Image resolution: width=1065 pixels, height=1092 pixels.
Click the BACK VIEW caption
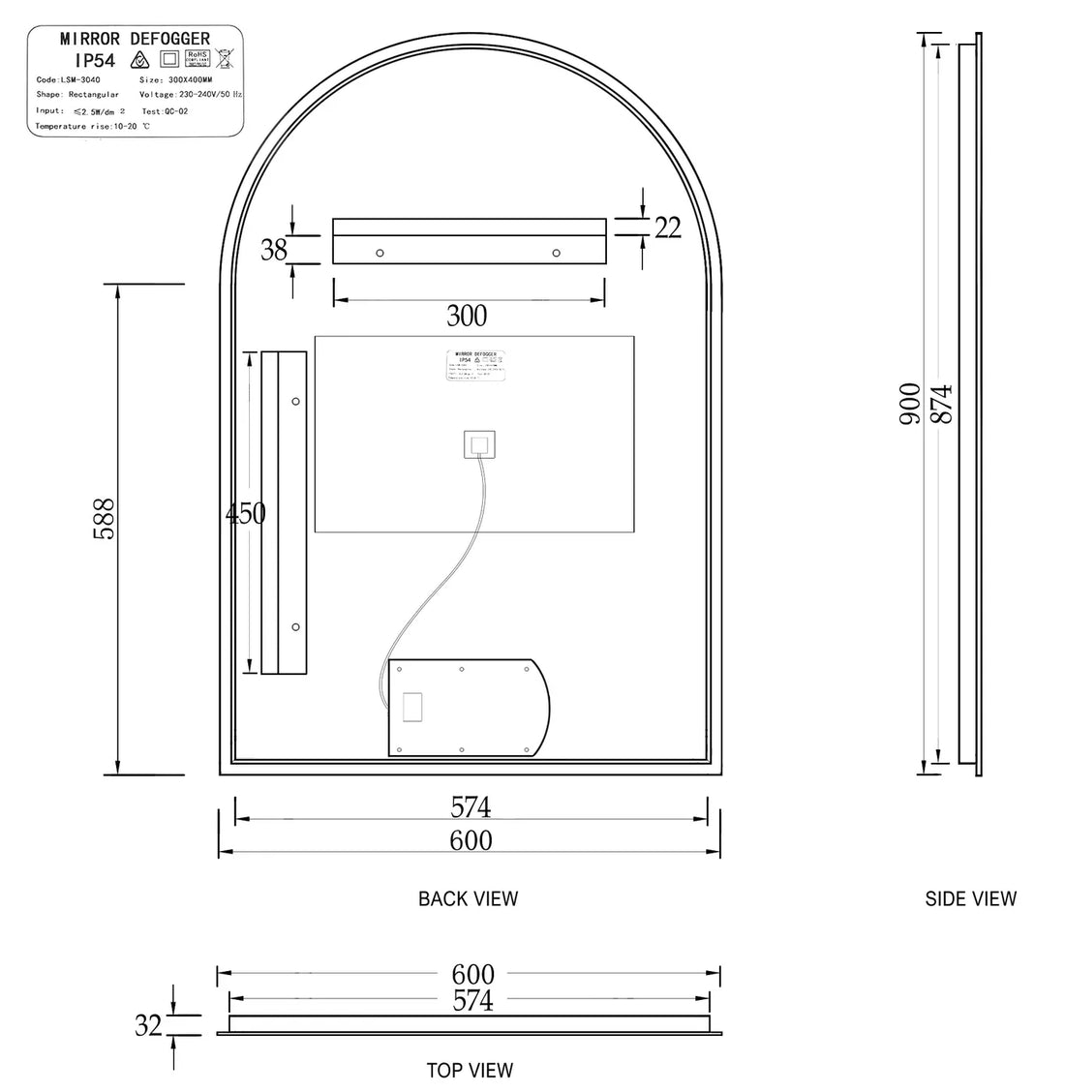(x=468, y=898)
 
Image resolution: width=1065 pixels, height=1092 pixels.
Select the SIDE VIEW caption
(x=970, y=898)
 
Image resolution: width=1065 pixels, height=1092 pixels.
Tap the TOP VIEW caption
(x=470, y=1070)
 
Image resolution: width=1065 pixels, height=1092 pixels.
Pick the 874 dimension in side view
(x=942, y=405)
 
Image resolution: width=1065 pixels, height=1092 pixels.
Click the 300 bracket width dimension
(x=467, y=315)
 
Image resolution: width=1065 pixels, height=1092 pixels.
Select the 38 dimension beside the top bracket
(x=274, y=250)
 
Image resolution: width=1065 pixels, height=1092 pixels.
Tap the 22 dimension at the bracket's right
(x=667, y=227)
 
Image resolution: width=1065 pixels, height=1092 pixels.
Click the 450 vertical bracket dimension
(x=245, y=513)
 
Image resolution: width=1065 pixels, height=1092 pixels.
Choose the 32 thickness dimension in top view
(x=148, y=1025)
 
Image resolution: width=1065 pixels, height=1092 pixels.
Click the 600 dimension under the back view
(x=471, y=840)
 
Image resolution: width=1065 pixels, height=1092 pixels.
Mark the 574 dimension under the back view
(x=471, y=806)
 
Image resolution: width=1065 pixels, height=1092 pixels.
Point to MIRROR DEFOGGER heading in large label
(x=135, y=39)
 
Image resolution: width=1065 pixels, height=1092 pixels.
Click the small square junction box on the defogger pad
(x=479, y=445)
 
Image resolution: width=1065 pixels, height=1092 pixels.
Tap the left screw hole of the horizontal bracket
(x=380, y=253)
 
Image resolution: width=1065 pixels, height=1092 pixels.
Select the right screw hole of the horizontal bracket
(x=556, y=253)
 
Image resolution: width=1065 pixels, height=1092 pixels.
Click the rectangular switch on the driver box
(x=412, y=707)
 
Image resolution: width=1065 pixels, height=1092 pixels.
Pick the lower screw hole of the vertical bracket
(x=295, y=626)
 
